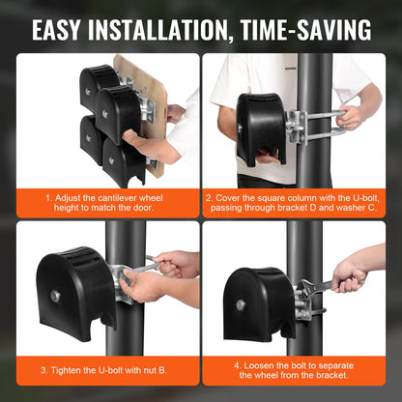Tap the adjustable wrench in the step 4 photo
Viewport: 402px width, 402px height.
[x=324, y=285]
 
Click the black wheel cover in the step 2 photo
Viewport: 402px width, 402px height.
[x=253, y=126]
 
